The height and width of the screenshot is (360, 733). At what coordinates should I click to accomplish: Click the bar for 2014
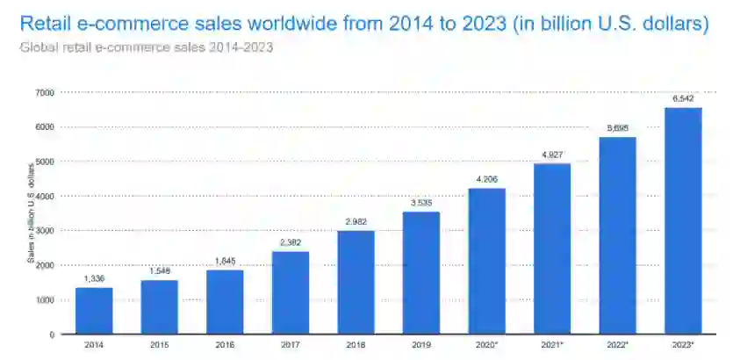point(94,311)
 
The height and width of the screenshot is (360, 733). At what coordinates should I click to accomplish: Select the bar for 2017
point(291,292)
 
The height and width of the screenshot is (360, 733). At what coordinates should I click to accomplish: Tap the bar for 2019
point(421,272)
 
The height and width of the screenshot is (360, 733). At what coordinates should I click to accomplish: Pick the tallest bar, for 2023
point(683,220)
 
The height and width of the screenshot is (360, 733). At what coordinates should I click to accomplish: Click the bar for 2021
point(552,248)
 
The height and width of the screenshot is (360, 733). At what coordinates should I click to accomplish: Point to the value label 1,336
point(94,279)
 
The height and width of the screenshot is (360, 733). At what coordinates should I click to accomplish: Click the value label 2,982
point(356,222)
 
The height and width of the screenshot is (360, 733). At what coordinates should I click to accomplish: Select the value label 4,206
point(486,179)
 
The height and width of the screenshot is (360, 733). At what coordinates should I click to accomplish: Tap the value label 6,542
point(683,98)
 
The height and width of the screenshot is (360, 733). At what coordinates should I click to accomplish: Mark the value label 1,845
point(225,261)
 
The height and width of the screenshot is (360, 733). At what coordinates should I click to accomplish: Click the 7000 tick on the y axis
point(45,92)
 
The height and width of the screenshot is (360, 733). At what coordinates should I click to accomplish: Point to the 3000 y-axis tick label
point(45,231)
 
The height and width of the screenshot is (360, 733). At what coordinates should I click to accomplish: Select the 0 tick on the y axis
point(52,335)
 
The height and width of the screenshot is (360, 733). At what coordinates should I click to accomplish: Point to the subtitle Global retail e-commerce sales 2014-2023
point(146,47)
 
